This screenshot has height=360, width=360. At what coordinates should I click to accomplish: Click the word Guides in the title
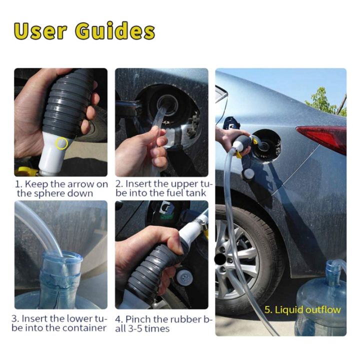coord(115,31)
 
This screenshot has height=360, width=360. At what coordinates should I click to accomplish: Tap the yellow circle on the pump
coord(62,143)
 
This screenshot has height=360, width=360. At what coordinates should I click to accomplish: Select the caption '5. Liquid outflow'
coord(302,309)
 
